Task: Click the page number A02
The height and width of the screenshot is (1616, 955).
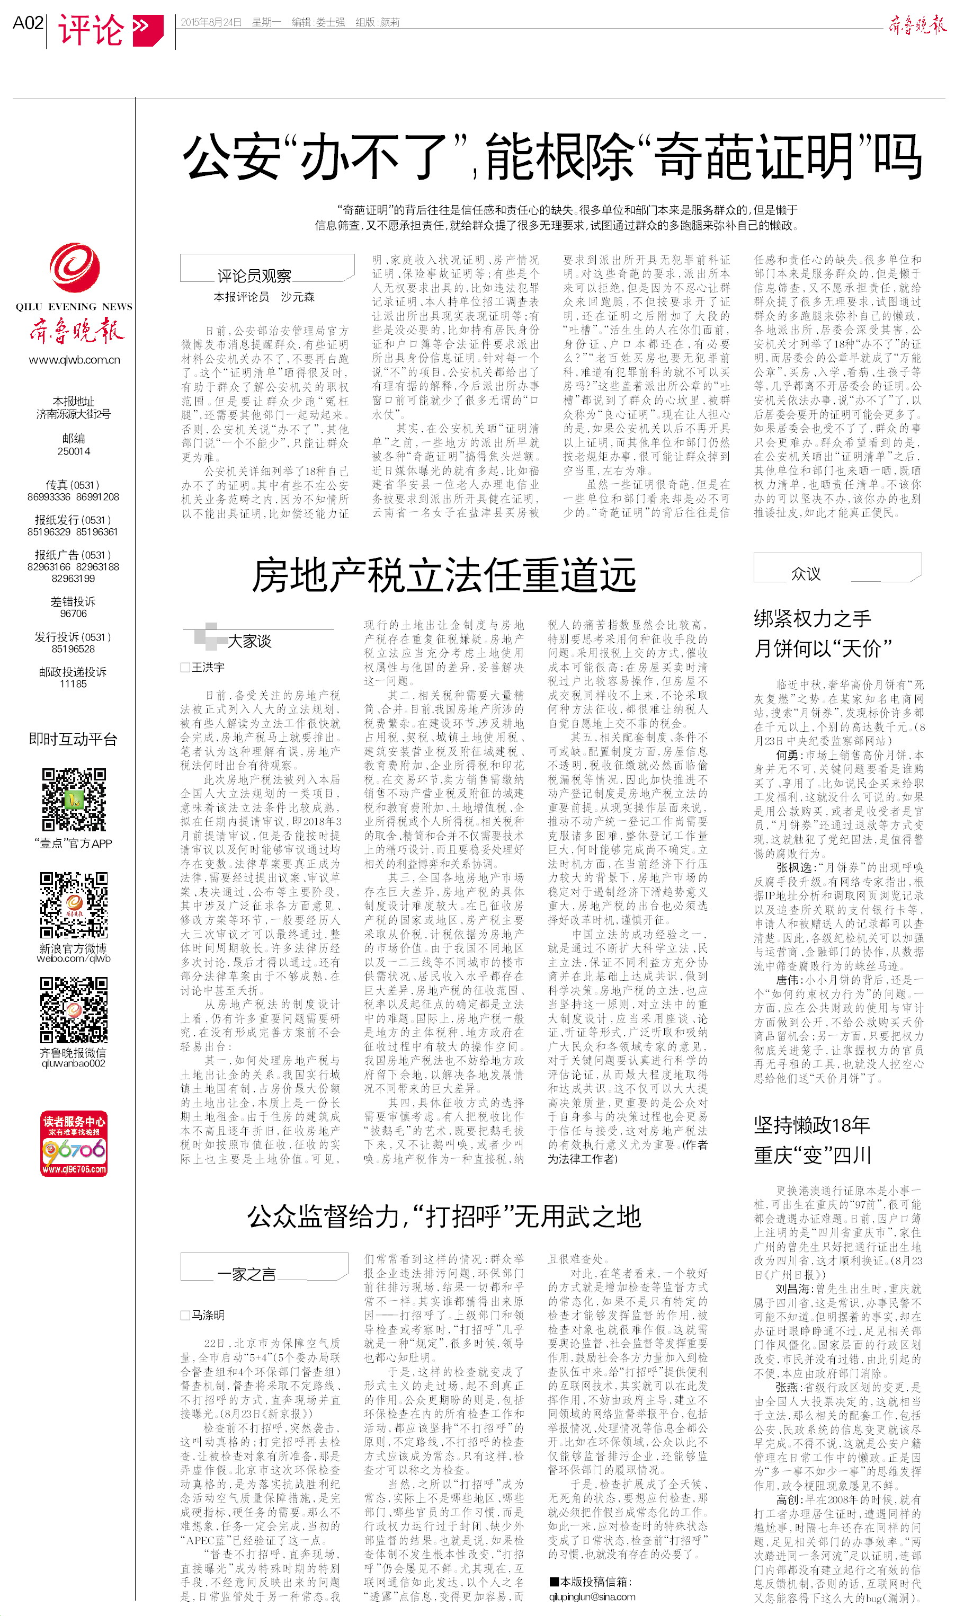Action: [x=28, y=23]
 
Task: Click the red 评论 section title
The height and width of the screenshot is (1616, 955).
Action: [x=91, y=30]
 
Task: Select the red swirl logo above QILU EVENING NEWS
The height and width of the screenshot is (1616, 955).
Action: [x=74, y=267]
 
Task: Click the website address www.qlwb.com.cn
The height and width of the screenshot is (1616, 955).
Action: [x=74, y=360]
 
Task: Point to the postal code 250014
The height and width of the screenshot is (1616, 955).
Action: [x=74, y=451]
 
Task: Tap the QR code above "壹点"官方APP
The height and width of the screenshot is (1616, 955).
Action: [x=74, y=800]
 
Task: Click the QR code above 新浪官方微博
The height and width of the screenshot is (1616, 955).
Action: [x=74, y=905]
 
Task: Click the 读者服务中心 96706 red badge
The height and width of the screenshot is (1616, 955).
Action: [x=74, y=1143]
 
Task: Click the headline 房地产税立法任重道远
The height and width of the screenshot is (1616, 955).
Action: [x=443, y=575]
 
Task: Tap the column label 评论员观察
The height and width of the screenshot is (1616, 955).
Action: [x=254, y=276]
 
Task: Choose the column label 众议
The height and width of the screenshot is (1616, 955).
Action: [x=806, y=573]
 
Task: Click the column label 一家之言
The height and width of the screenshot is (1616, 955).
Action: [x=246, y=1274]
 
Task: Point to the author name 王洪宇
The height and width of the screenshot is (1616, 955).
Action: [x=207, y=668]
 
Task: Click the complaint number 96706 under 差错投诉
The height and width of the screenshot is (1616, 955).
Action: [x=74, y=614]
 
